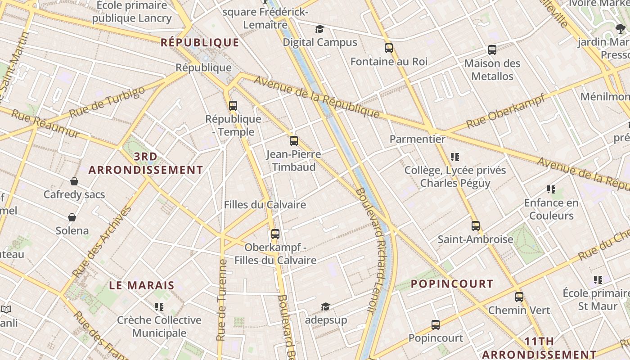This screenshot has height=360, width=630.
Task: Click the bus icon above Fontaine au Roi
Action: (x=389, y=48)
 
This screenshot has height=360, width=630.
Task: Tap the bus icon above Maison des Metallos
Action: (x=492, y=50)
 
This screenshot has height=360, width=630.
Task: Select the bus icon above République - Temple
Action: (x=233, y=106)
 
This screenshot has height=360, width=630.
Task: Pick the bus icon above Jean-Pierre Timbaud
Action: (x=294, y=141)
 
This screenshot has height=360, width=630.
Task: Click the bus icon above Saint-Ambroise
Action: (x=476, y=226)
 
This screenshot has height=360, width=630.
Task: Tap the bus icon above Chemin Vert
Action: (x=519, y=297)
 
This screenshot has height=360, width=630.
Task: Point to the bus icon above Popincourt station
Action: (x=435, y=325)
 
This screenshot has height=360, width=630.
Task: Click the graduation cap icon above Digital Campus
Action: (x=319, y=29)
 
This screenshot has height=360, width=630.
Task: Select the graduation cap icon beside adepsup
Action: (x=325, y=307)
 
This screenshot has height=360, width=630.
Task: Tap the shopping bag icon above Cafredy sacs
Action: (x=74, y=181)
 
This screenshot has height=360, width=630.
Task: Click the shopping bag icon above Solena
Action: (x=72, y=218)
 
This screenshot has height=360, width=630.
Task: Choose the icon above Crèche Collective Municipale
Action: (x=159, y=307)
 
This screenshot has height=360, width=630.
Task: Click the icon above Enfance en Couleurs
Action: (x=551, y=189)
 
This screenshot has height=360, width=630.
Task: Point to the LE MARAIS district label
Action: (x=142, y=285)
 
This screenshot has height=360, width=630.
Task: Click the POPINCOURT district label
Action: (x=452, y=284)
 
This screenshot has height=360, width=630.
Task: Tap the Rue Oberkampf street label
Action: (x=505, y=111)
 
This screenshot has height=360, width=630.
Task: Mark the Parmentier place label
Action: (x=417, y=139)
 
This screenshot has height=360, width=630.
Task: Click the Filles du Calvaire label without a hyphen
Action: (x=265, y=205)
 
